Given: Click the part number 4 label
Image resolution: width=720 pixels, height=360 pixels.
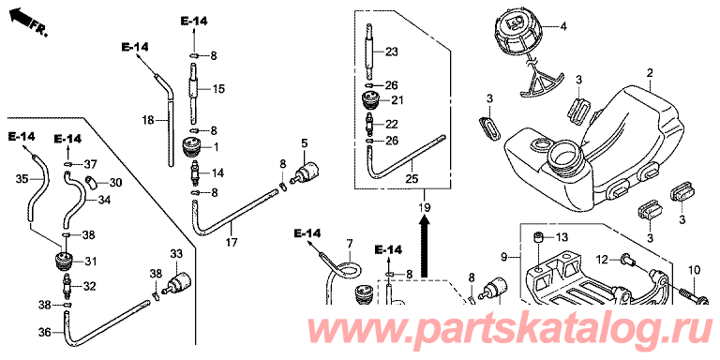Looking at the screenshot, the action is (562, 26).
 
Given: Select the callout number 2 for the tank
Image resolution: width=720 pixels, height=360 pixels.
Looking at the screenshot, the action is (650, 72).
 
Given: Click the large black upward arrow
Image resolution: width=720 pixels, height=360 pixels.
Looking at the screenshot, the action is (426, 247).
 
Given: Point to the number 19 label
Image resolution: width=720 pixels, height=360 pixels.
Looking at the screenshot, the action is (425, 207).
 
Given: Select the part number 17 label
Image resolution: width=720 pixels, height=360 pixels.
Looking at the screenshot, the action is (232, 242).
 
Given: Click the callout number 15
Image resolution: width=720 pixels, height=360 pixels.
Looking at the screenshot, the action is (218, 89).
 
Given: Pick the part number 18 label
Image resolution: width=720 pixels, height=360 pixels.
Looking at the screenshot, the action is (148, 120).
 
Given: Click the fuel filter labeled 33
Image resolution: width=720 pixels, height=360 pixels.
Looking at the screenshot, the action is (177, 281).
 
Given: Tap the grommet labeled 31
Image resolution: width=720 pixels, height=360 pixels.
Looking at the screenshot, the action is (65, 261).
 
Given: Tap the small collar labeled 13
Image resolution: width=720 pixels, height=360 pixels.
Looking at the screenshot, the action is (539, 237).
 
